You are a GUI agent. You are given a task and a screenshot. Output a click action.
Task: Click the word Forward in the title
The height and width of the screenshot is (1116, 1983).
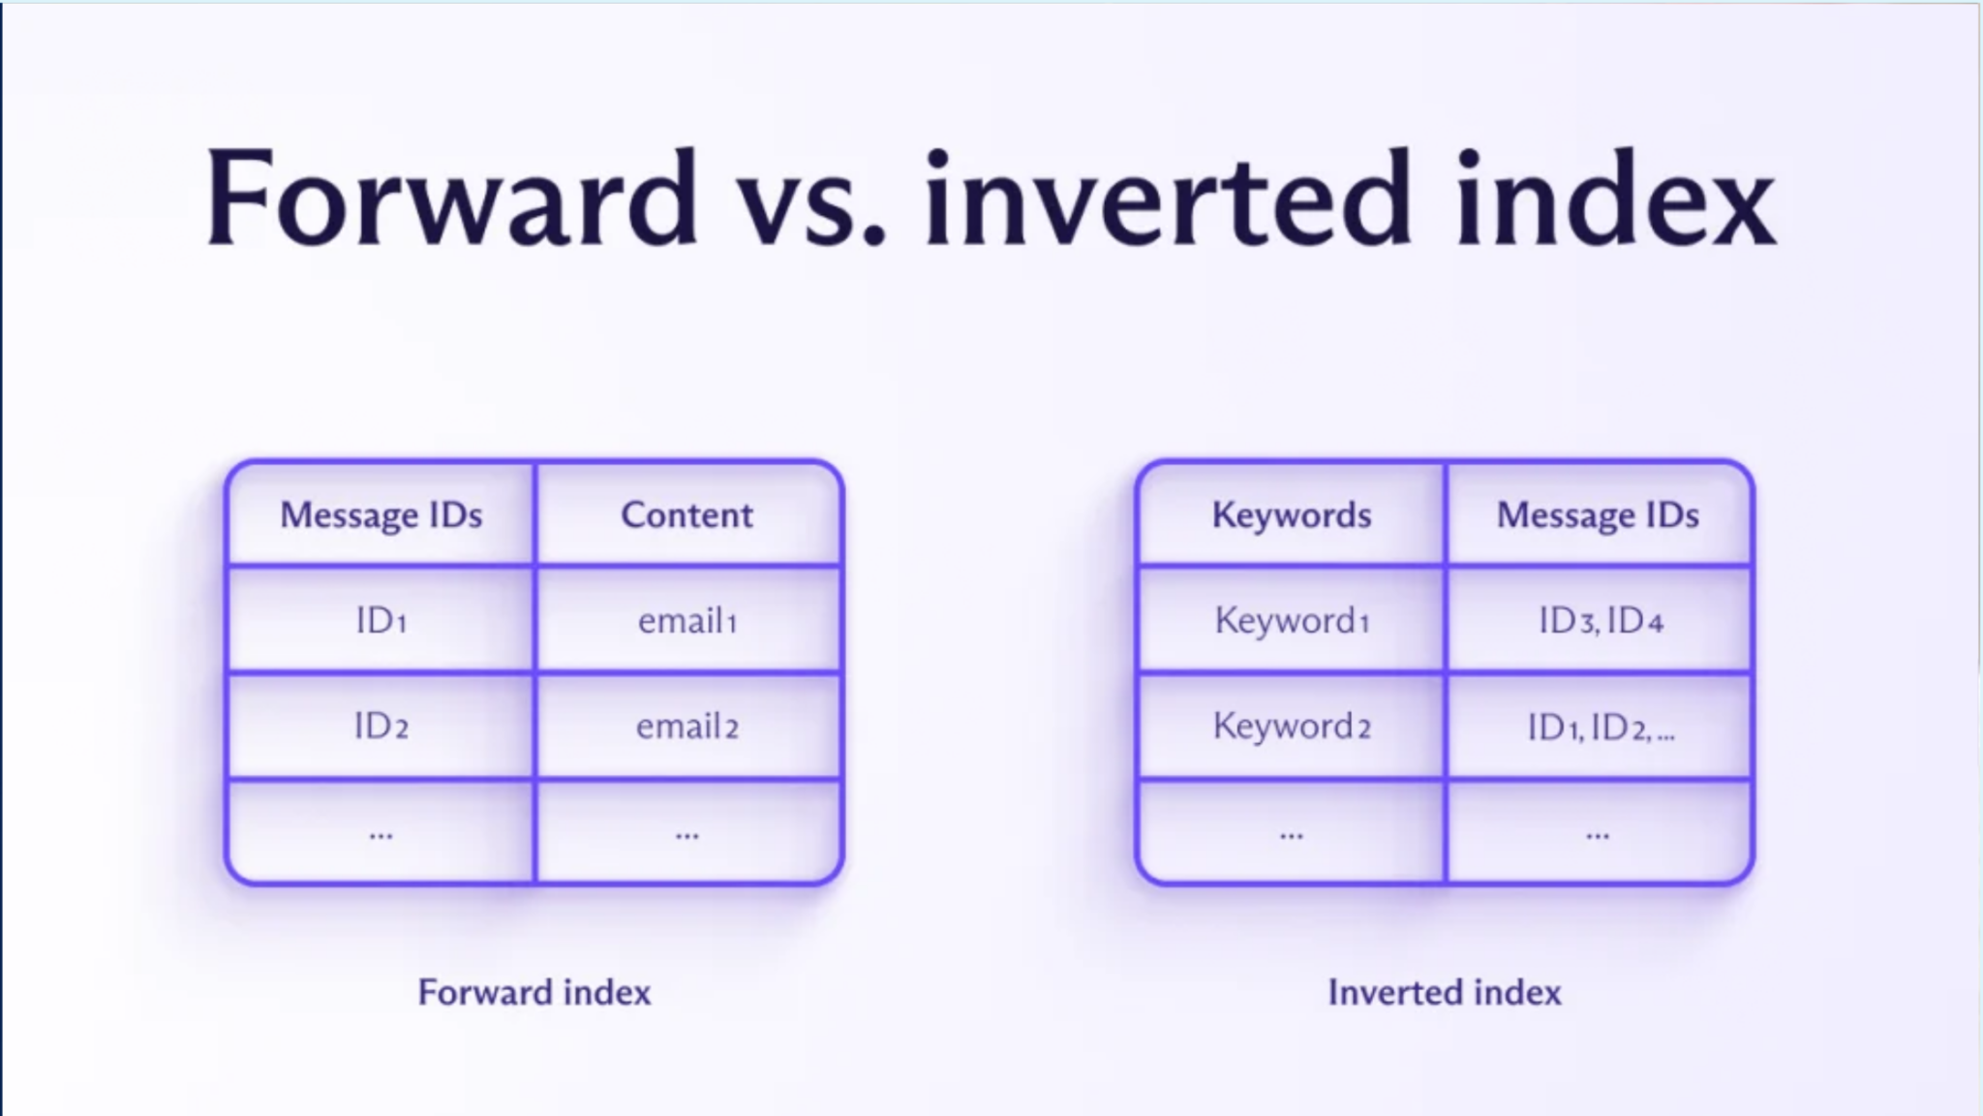tap(450, 199)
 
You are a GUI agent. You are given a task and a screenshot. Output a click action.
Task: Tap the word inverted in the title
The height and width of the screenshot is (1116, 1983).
tap(1167, 199)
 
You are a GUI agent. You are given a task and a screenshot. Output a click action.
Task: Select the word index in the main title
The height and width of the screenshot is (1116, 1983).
tap(1615, 199)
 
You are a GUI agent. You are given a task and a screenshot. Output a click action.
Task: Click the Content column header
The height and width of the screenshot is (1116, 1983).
tap(686, 514)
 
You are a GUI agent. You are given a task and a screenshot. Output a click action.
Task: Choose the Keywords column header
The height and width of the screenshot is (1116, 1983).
tap(1291, 514)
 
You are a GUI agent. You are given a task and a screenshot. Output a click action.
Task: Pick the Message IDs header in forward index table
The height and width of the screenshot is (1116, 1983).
tap(381, 514)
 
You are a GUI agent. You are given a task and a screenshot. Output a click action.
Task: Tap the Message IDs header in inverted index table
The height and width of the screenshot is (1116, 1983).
tap(1598, 514)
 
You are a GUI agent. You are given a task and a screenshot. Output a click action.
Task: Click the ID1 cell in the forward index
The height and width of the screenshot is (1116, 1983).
tap(381, 620)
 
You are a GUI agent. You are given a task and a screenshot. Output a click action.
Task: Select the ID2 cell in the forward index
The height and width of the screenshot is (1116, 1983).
tap(381, 726)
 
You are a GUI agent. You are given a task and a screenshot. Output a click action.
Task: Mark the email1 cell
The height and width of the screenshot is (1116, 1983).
tap(686, 620)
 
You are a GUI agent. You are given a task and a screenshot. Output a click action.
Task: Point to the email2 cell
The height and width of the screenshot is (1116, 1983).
tap(686, 726)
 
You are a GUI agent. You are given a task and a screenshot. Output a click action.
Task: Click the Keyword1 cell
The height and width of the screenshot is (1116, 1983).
tap(1291, 620)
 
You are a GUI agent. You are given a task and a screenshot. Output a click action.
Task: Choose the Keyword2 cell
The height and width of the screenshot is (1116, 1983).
tap(1291, 726)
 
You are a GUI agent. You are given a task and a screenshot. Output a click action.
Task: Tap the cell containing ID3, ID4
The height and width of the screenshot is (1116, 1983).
tap(1600, 620)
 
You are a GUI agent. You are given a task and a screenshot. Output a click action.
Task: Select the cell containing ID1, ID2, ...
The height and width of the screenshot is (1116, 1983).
tap(1600, 727)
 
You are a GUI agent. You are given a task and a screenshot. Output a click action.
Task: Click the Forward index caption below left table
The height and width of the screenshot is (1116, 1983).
tap(534, 992)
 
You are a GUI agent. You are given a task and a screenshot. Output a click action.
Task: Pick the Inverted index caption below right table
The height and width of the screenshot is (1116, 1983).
tap(1444, 992)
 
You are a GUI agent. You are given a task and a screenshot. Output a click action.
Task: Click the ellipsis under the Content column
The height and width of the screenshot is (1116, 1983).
tap(686, 834)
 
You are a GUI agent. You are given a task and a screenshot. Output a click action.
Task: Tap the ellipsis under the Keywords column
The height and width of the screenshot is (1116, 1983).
tap(1291, 834)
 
